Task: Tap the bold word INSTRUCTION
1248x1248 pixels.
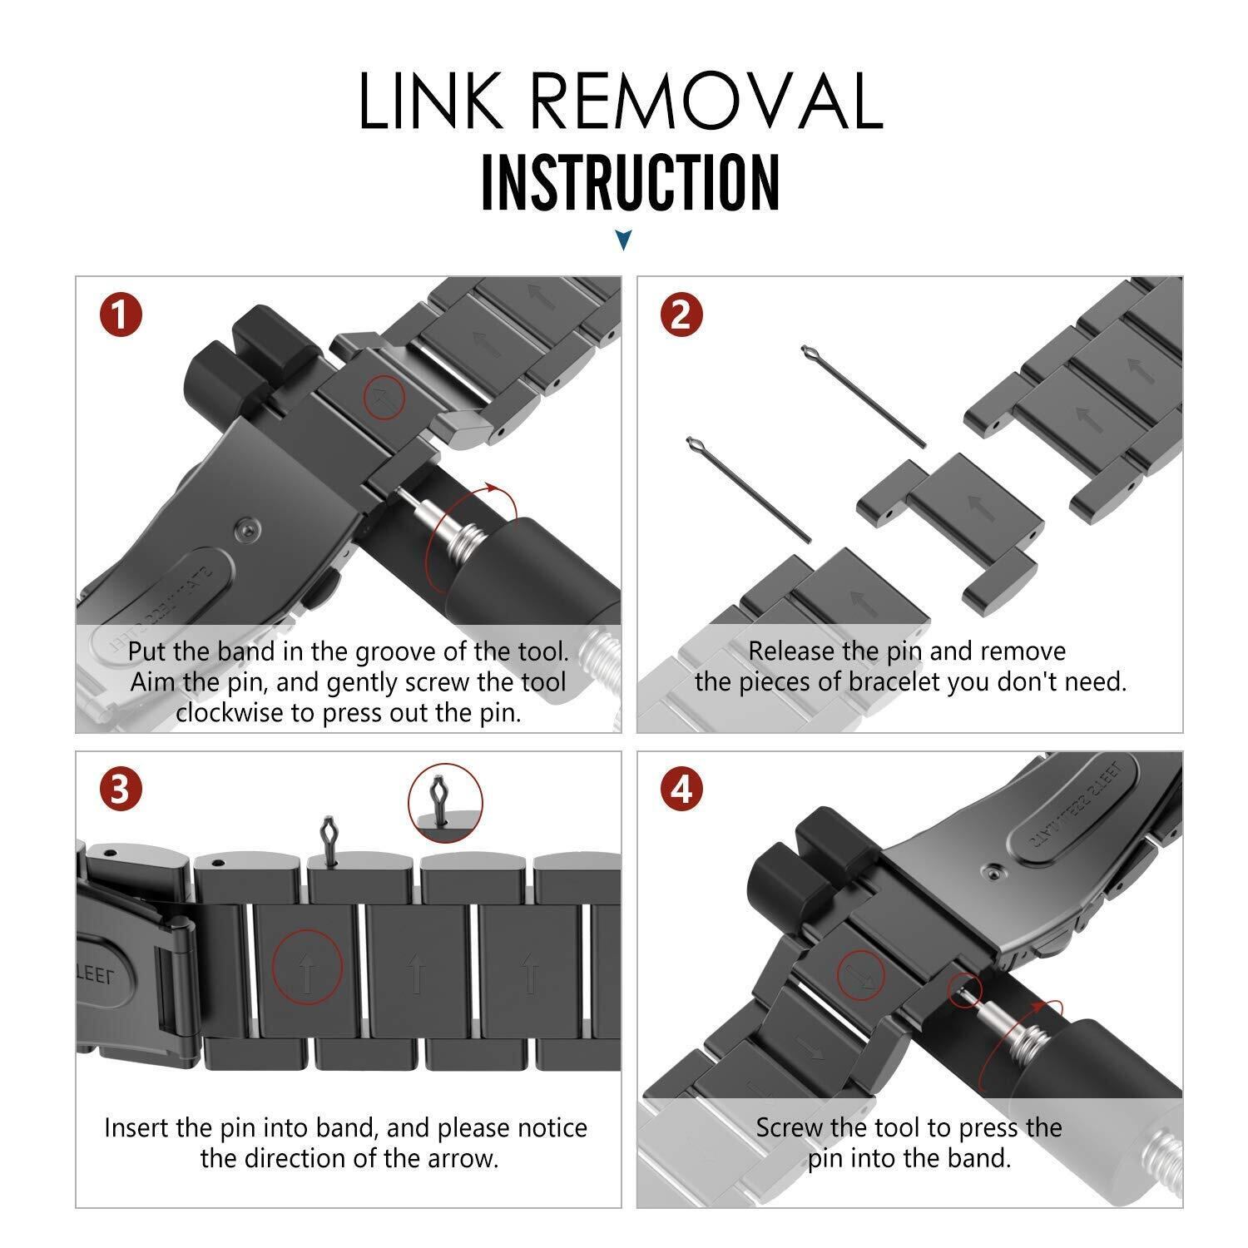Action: pos(630,181)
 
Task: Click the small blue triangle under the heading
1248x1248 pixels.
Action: pos(623,241)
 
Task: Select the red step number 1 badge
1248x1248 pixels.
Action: pos(121,316)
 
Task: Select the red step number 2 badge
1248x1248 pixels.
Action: pos(681,316)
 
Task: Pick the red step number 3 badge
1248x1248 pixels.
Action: pos(121,789)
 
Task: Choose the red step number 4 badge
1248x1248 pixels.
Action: pos(681,789)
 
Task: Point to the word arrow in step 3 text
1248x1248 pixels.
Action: pos(458,1158)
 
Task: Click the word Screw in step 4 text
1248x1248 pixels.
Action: pos(791,1127)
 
